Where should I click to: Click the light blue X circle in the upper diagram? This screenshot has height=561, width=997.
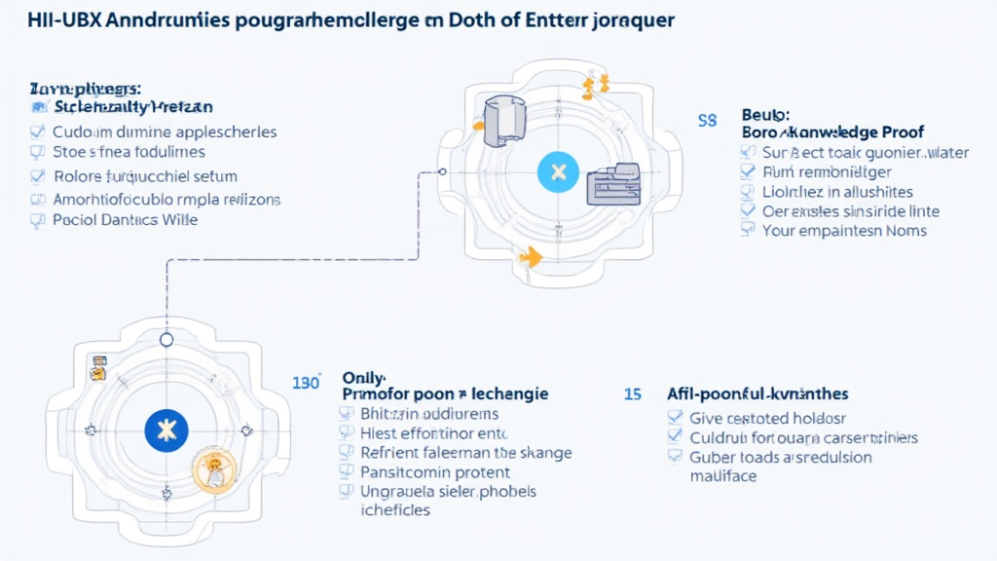click(x=558, y=173)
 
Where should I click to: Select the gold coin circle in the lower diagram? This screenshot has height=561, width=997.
click(x=216, y=469)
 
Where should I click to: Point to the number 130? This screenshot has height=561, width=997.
click(x=306, y=383)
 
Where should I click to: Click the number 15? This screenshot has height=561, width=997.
click(x=632, y=394)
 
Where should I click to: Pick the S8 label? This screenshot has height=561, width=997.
click(x=707, y=121)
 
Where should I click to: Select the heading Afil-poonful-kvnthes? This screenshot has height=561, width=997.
click(x=757, y=394)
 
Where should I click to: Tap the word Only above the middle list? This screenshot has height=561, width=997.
click(x=364, y=376)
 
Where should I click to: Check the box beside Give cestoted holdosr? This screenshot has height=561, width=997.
click(x=674, y=418)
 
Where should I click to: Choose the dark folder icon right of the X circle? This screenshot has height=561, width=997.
click(x=613, y=182)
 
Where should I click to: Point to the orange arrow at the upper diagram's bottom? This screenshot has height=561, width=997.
click(x=531, y=256)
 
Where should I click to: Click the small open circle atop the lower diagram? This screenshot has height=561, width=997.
click(x=166, y=340)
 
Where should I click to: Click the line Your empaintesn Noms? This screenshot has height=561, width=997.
click(x=844, y=231)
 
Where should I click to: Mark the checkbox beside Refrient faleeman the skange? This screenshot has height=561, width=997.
click(x=345, y=453)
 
